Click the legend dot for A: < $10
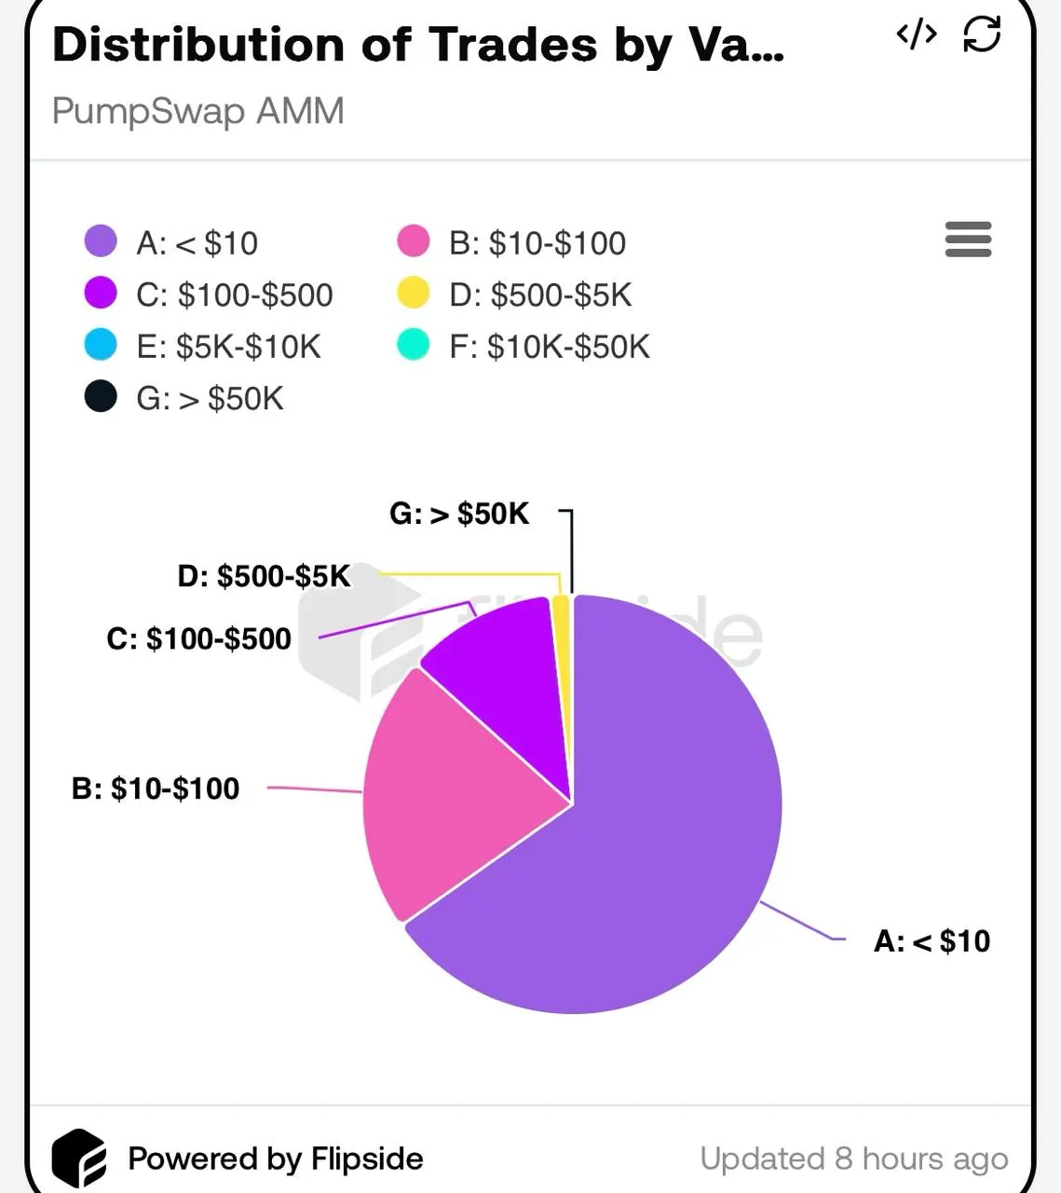pos(101,241)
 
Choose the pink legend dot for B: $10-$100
pos(413,241)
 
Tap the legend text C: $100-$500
pos(234,295)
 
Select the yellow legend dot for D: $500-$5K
pos(413,294)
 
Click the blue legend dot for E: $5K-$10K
pos(101,345)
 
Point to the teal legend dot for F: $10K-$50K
pos(413,345)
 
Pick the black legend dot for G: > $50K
pos(101,397)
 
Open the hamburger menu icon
pos(968,240)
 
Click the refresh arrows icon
pos(982,35)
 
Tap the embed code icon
pos(916,35)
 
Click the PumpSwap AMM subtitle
pos(197,111)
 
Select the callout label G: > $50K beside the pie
pos(458,514)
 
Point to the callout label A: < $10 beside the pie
pos(932,941)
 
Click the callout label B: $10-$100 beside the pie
pos(156,788)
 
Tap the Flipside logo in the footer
pos(78,1159)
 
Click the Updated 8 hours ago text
pos(853,1159)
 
